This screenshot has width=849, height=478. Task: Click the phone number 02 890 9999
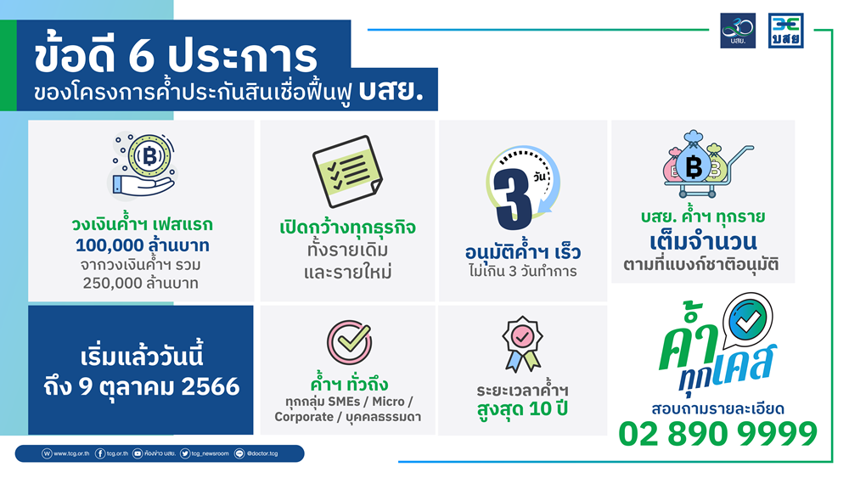(x=717, y=434)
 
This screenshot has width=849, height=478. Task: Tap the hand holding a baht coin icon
(x=143, y=166)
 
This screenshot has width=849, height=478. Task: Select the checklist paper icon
(x=347, y=171)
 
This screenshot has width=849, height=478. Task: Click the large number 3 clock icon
(x=522, y=188)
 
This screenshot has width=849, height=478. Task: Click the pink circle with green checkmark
(x=350, y=341)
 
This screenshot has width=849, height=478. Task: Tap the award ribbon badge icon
(x=522, y=345)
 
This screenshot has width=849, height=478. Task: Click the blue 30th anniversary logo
(x=738, y=31)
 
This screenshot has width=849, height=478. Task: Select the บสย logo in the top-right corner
(x=785, y=31)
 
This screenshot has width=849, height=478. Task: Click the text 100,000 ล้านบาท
(x=143, y=245)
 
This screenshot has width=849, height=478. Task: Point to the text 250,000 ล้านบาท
(x=141, y=283)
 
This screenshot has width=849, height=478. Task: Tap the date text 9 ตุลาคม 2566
(x=159, y=386)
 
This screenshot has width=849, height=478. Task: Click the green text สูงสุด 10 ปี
(x=522, y=408)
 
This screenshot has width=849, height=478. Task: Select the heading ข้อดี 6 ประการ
(x=176, y=56)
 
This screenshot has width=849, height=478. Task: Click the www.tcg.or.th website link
(x=66, y=453)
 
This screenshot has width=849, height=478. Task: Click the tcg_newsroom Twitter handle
(x=205, y=453)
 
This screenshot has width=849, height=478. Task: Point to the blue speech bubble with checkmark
(x=747, y=320)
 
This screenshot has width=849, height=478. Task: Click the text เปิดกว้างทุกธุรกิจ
(x=347, y=227)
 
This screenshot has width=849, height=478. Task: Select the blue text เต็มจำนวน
(x=703, y=241)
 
